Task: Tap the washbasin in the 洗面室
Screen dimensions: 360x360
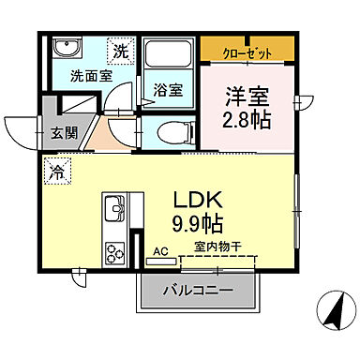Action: click(x=67, y=50)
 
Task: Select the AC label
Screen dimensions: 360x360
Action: click(x=159, y=251)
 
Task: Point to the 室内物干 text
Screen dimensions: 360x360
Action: click(x=217, y=247)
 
